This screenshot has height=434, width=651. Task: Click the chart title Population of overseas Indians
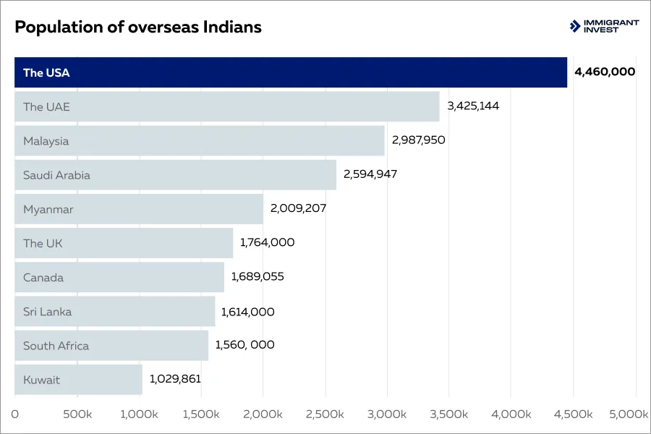click(x=137, y=27)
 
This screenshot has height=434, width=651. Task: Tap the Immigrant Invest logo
click(x=604, y=26)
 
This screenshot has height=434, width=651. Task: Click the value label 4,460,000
click(x=605, y=72)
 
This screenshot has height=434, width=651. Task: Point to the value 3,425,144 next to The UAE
click(x=473, y=106)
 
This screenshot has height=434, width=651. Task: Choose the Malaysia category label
click(x=46, y=141)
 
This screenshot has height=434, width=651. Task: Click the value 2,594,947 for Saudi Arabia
click(x=370, y=174)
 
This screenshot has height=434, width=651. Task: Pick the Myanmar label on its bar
click(x=48, y=210)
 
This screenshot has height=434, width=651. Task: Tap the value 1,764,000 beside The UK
click(x=267, y=242)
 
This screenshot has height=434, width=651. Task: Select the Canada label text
click(x=43, y=278)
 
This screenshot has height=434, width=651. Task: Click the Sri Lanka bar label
click(x=47, y=312)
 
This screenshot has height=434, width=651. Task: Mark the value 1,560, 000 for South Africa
click(x=244, y=345)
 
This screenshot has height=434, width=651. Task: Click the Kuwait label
click(x=41, y=380)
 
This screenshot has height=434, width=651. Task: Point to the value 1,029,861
click(x=175, y=378)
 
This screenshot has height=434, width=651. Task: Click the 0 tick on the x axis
click(x=15, y=414)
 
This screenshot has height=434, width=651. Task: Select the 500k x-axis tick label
click(x=77, y=414)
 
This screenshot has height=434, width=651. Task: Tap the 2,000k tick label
click(x=263, y=414)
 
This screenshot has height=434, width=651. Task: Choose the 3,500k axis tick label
click(x=448, y=414)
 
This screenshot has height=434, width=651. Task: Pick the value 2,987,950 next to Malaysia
click(x=418, y=140)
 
